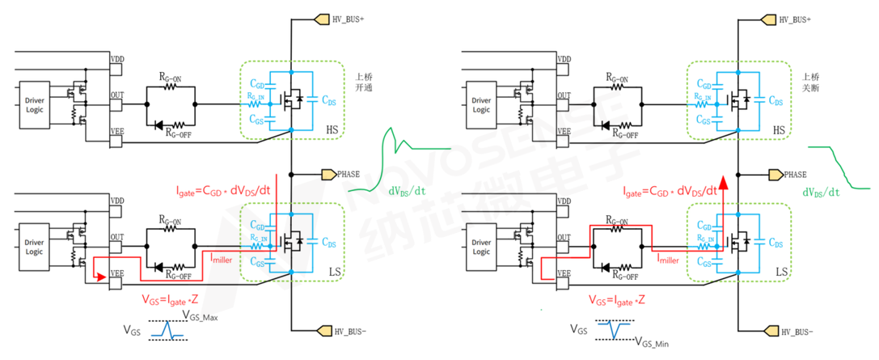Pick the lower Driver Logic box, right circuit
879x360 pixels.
[481, 247]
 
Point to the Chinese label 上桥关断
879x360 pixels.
[806, 81]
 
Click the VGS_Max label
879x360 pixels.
[200, 317]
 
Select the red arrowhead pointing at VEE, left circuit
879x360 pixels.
[101, 277]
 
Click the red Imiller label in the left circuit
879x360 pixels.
[226, 257]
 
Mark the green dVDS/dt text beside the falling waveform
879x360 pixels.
[821, 192]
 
